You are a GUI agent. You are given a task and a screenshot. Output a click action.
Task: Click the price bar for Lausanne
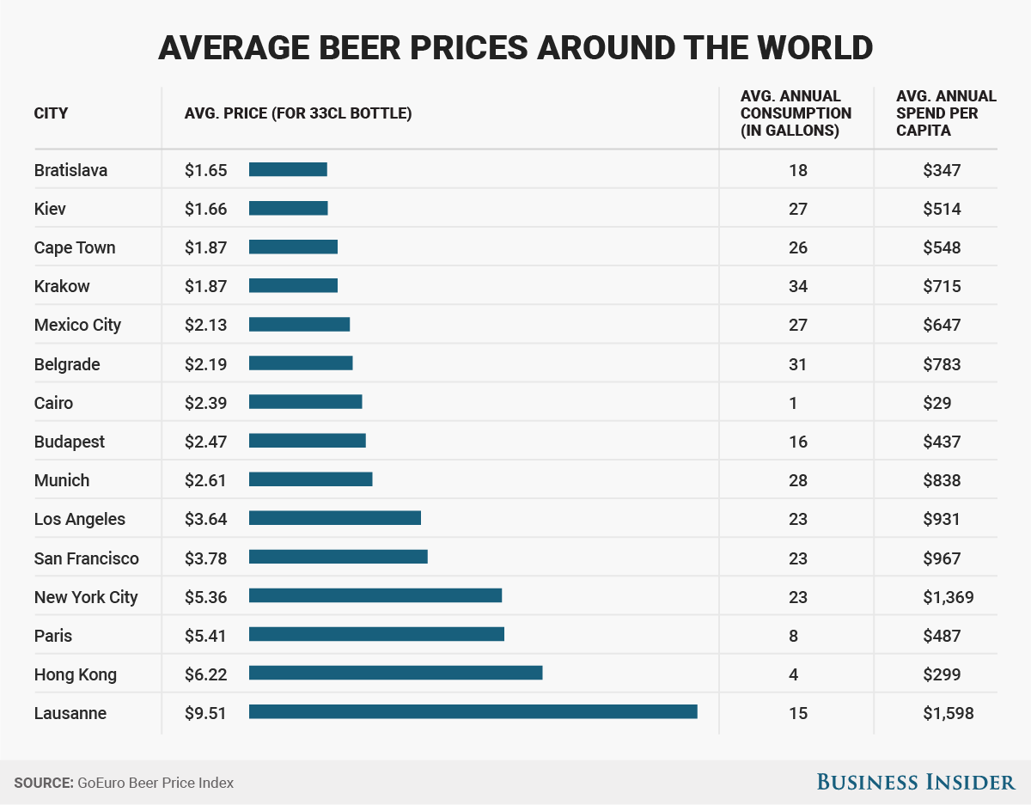tap(473, 712)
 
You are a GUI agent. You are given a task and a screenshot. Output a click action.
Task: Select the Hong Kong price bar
tap(395, 674)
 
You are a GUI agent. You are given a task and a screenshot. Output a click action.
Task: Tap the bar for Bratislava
tap(288, 169)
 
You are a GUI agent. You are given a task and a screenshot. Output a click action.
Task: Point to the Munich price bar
tap(310, 479)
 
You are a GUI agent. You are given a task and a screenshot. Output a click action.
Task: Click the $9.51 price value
tap(205, 713)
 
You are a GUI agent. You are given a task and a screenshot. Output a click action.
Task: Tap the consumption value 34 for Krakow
tap(797, 286)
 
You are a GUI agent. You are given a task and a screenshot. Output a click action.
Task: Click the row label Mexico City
tap(77, 325)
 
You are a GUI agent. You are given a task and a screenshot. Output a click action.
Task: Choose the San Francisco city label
tap(86, 558)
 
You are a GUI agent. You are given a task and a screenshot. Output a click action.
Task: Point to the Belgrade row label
tap(67, 364)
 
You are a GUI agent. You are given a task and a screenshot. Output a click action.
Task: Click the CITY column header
tap(51, 113)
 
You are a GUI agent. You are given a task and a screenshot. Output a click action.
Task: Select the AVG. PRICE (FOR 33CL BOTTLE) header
tap(298, 113)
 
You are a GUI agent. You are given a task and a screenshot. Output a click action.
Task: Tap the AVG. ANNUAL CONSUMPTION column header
tap(796, 113)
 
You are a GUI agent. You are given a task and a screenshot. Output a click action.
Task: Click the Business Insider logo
tap(915, 782)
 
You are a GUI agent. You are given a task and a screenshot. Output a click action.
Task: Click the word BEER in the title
tap(363, 47)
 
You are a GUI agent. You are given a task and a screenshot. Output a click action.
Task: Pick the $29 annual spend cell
tap(942, 403)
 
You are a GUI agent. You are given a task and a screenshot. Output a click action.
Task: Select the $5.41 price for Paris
tap(205, 636)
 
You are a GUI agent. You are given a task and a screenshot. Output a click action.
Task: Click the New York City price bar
tap(375, 596)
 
